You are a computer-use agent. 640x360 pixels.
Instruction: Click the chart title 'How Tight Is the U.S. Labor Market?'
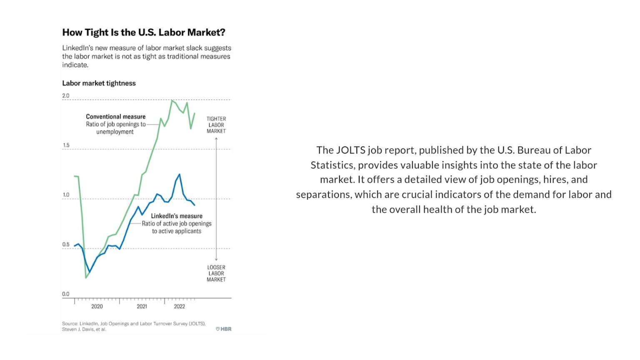click(x=144, y=32)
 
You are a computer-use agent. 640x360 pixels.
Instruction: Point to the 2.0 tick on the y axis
click(x=66, y=96)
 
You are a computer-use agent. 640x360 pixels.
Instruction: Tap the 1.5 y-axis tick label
click(x=66, y=145)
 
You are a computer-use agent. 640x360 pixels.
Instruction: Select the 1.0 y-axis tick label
click(x=66, y=195)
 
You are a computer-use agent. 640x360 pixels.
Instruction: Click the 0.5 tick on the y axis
click(x=66, y=245)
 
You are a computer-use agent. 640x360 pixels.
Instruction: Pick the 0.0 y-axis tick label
click(x=66, y=294)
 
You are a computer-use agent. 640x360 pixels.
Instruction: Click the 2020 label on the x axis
click(x=97, y=307)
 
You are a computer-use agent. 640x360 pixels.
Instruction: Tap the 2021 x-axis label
click(x=142, y=307)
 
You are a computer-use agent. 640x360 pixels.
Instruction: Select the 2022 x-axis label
click(x=179, y=307)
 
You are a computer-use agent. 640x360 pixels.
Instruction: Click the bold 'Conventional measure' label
click(x=116, y=117)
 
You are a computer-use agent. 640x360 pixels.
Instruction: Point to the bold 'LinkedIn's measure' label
click(x=177, y=216)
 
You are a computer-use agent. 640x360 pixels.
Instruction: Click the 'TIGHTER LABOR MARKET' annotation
click(x=216, y=125)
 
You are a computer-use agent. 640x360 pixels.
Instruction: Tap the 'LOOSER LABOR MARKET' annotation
click(x=216, y=273)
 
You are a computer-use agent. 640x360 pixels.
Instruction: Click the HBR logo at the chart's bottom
click(x=224, y=329)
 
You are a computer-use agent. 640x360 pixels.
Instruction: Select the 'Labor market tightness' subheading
click(x=99, y=83)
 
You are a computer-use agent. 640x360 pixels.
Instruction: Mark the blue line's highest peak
click(x=180, y=174)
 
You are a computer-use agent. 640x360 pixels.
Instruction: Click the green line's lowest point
click(x=86, y=277)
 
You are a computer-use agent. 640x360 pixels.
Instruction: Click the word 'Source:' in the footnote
click(x=70, y=324)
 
